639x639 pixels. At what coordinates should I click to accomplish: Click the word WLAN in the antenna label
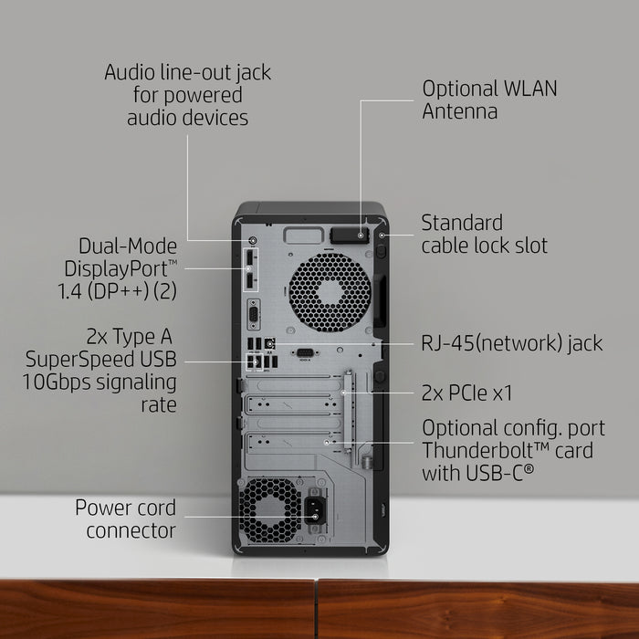[x=530, y=89]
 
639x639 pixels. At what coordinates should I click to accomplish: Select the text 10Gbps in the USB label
[x=57, y=383]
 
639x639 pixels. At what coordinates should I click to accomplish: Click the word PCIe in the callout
[x=468, y=393]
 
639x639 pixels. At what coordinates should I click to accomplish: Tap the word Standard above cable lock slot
[x=462, y=223]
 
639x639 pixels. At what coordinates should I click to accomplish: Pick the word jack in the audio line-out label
[x=254, y=73]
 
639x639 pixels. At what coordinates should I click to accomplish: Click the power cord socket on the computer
[x=315, y=510]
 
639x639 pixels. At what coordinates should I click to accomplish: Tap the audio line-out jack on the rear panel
[x=253, y=240]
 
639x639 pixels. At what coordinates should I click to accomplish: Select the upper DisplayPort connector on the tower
[x=250, y=259]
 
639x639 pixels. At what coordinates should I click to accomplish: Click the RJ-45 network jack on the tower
[x=269, y=344]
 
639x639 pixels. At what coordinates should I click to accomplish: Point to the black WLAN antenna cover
[x=350, y=236]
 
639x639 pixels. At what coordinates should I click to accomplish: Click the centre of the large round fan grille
[x=330, y=293]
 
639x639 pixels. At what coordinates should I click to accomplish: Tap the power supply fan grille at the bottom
[x=270, y=510]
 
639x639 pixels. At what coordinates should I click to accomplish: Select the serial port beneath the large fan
[x=305, y=353]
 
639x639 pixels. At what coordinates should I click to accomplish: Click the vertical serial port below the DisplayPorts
[x=254, y=314]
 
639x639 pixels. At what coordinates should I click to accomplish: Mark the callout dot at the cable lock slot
[x=382, y=236]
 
